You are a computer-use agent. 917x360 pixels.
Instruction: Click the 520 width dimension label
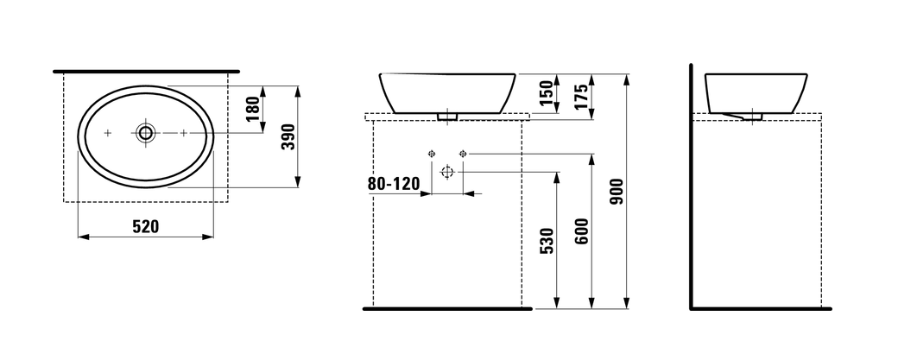point(145,226)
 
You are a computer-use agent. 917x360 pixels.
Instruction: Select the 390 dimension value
point(289,136)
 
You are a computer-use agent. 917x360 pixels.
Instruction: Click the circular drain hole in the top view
point(145,133)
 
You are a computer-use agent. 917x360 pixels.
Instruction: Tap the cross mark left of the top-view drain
point(108,133)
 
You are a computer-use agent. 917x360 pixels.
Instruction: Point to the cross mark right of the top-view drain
point(183,133)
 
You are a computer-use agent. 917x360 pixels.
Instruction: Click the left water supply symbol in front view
point(432,154)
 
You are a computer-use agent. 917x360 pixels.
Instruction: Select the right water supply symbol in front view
point(463,154)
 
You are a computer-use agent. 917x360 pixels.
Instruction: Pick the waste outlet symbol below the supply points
point(447,171)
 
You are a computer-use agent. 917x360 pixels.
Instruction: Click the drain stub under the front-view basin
point(447,115)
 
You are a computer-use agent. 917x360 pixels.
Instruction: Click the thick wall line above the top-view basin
point(146,70)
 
